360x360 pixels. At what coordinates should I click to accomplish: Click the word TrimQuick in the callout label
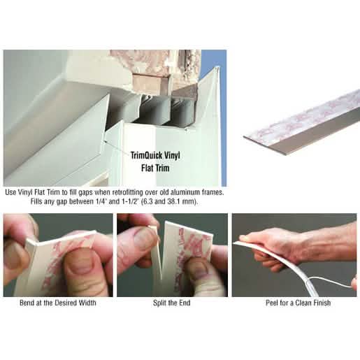[144, 156]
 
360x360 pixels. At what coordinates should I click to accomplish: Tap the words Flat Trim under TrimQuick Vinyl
[155, 168]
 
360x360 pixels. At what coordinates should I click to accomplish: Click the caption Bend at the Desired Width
[58, 303]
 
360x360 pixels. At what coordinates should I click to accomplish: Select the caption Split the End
[172, 303]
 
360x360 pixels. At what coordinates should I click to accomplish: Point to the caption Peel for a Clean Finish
[298, 303]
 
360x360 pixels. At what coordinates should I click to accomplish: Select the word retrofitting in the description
[128, 192]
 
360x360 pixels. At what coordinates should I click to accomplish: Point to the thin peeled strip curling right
[330, 281]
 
